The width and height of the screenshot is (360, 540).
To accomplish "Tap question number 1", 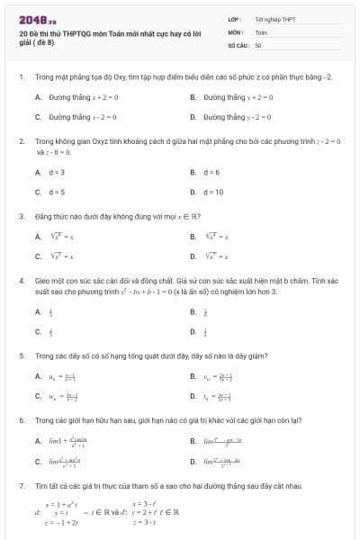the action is (x=21, y=78).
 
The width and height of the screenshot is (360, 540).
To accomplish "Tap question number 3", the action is (x=21, y=216).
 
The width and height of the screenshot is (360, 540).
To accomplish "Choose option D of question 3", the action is (x=217, y=256).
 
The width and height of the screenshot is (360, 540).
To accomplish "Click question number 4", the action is (x=21, y=281).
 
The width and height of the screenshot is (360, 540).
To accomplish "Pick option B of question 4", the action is (x=205, y=311).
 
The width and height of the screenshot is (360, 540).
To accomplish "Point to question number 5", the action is (x=21, y=355).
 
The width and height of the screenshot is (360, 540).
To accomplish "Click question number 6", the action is (x=21, y=420).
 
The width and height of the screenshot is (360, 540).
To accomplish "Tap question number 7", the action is (x=21, y=486).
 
